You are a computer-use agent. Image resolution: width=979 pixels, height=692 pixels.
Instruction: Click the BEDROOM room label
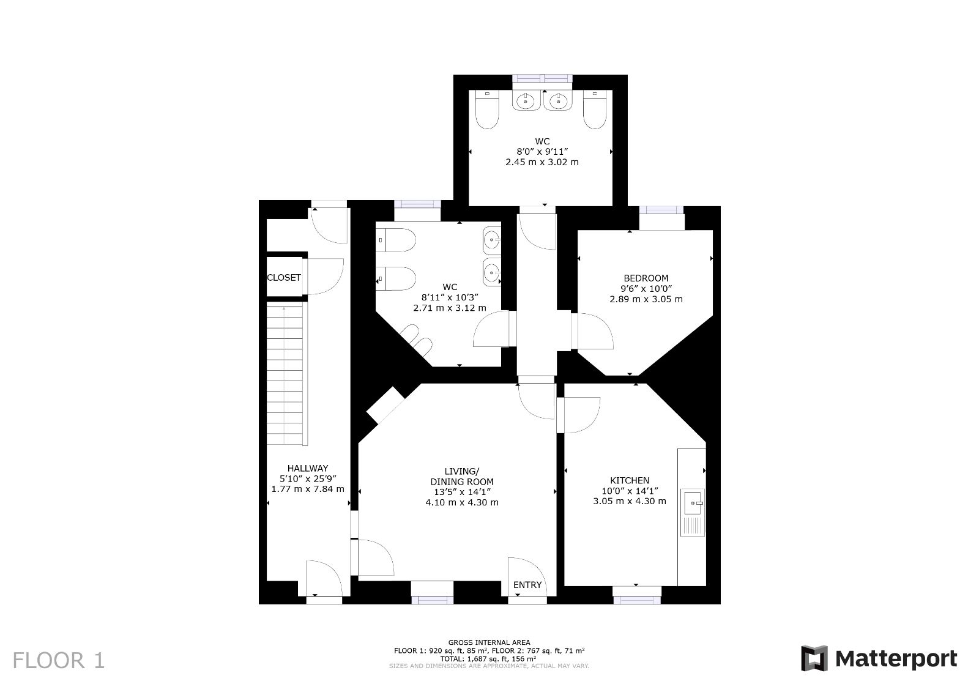646,278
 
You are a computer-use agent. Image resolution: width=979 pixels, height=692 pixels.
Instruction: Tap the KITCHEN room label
630,480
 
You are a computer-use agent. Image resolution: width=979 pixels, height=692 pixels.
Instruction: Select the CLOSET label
284,278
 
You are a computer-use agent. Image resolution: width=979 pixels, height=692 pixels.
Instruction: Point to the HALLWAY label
308,468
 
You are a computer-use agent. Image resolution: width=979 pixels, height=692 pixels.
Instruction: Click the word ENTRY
527,585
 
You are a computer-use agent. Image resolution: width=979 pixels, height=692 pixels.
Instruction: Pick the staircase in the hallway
285,376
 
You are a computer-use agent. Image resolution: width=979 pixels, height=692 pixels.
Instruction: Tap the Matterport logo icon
814,658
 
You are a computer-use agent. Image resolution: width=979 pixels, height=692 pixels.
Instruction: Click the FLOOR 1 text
59,661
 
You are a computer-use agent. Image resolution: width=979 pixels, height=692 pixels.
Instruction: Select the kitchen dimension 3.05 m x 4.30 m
630,501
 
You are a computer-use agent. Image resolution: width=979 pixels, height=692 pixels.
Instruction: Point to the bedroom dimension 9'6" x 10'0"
646,289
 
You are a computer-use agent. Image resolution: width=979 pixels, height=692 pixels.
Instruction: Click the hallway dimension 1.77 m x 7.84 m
308,489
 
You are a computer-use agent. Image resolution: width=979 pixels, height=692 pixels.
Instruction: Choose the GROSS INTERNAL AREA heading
489,642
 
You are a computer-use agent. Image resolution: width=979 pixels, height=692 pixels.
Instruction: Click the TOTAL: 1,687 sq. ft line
488,658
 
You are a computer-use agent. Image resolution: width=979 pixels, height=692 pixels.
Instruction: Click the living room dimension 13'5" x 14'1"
462,492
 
